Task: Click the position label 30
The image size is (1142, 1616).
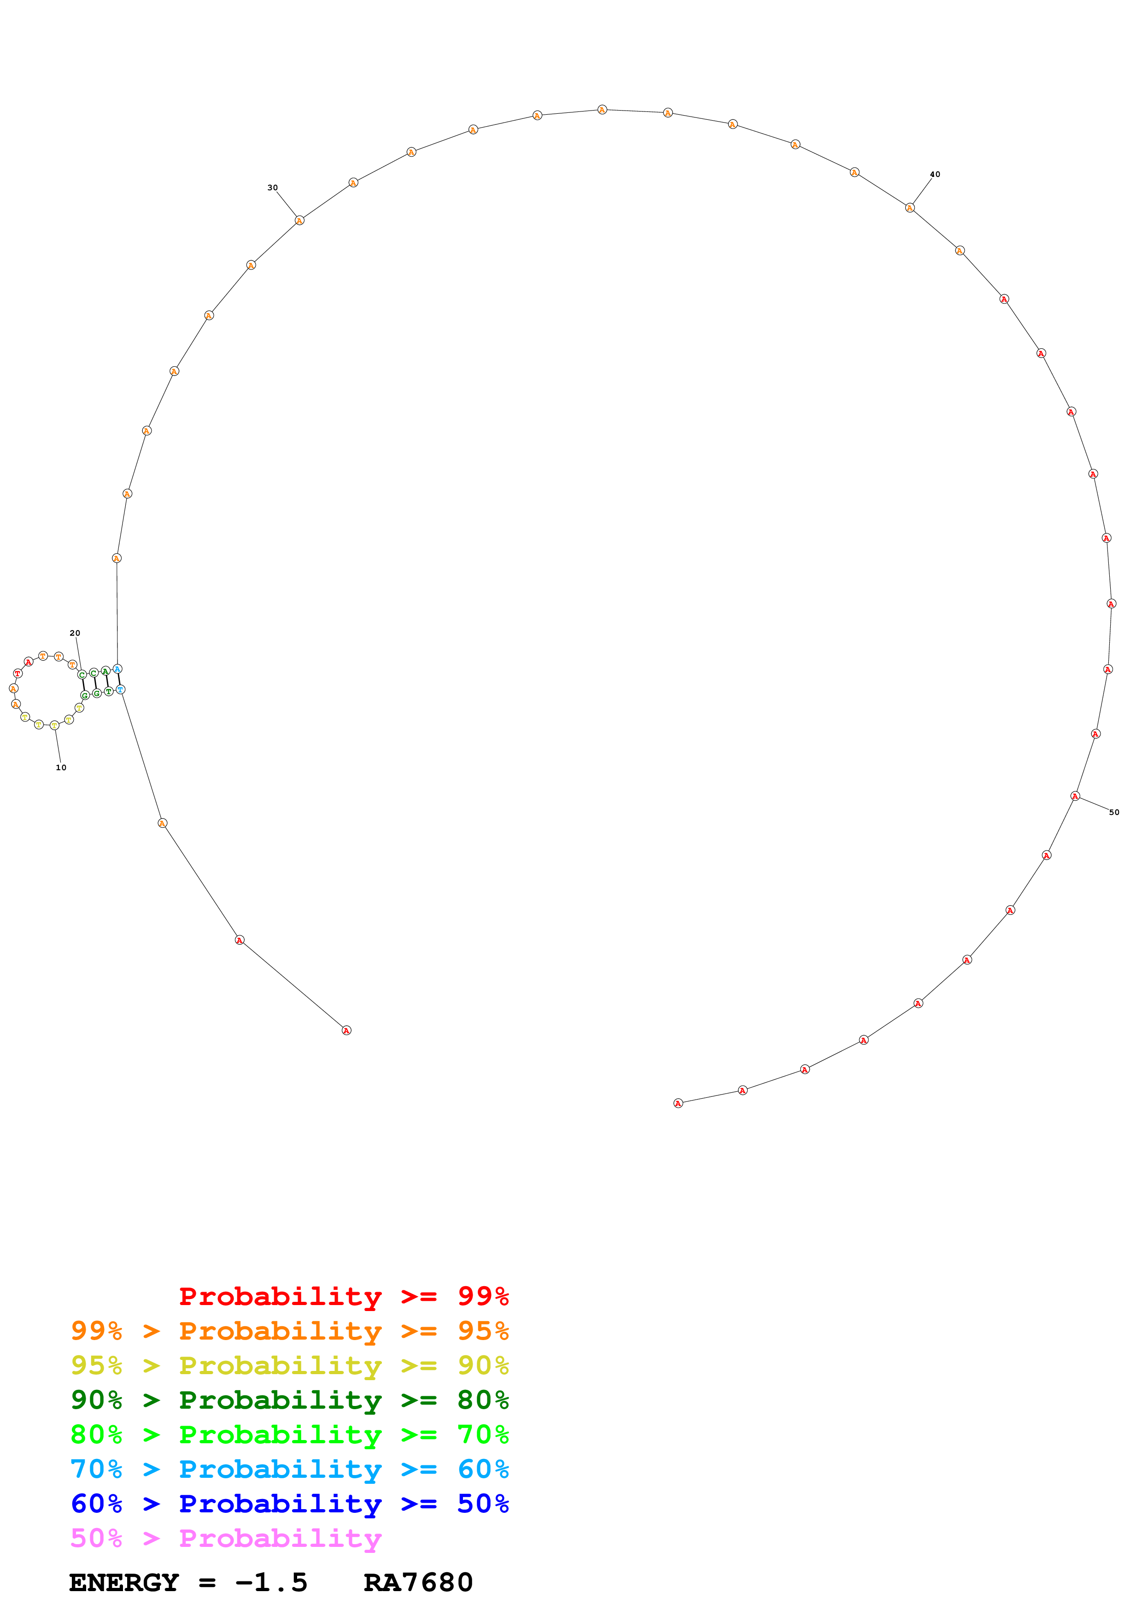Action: click(x=272, y=188)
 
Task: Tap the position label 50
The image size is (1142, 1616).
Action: click(x=1114, y=812)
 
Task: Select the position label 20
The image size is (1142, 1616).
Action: click(x=75, y=633)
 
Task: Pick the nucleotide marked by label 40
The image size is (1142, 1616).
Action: click(x=910, y=208)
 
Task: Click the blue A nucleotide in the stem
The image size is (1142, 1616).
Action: click(x=117, y=668)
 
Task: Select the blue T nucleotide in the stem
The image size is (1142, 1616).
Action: click(x=120, y=689)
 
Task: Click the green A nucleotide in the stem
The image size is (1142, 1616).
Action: click(x=105, y=671)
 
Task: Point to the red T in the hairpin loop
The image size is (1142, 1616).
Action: click(x=18, y=673)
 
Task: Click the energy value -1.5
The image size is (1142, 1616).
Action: click(x=272, y=1582)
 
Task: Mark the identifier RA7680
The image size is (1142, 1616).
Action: click(x=418, y=1582)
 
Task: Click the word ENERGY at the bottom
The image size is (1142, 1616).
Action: click(x=124, y=1582)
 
